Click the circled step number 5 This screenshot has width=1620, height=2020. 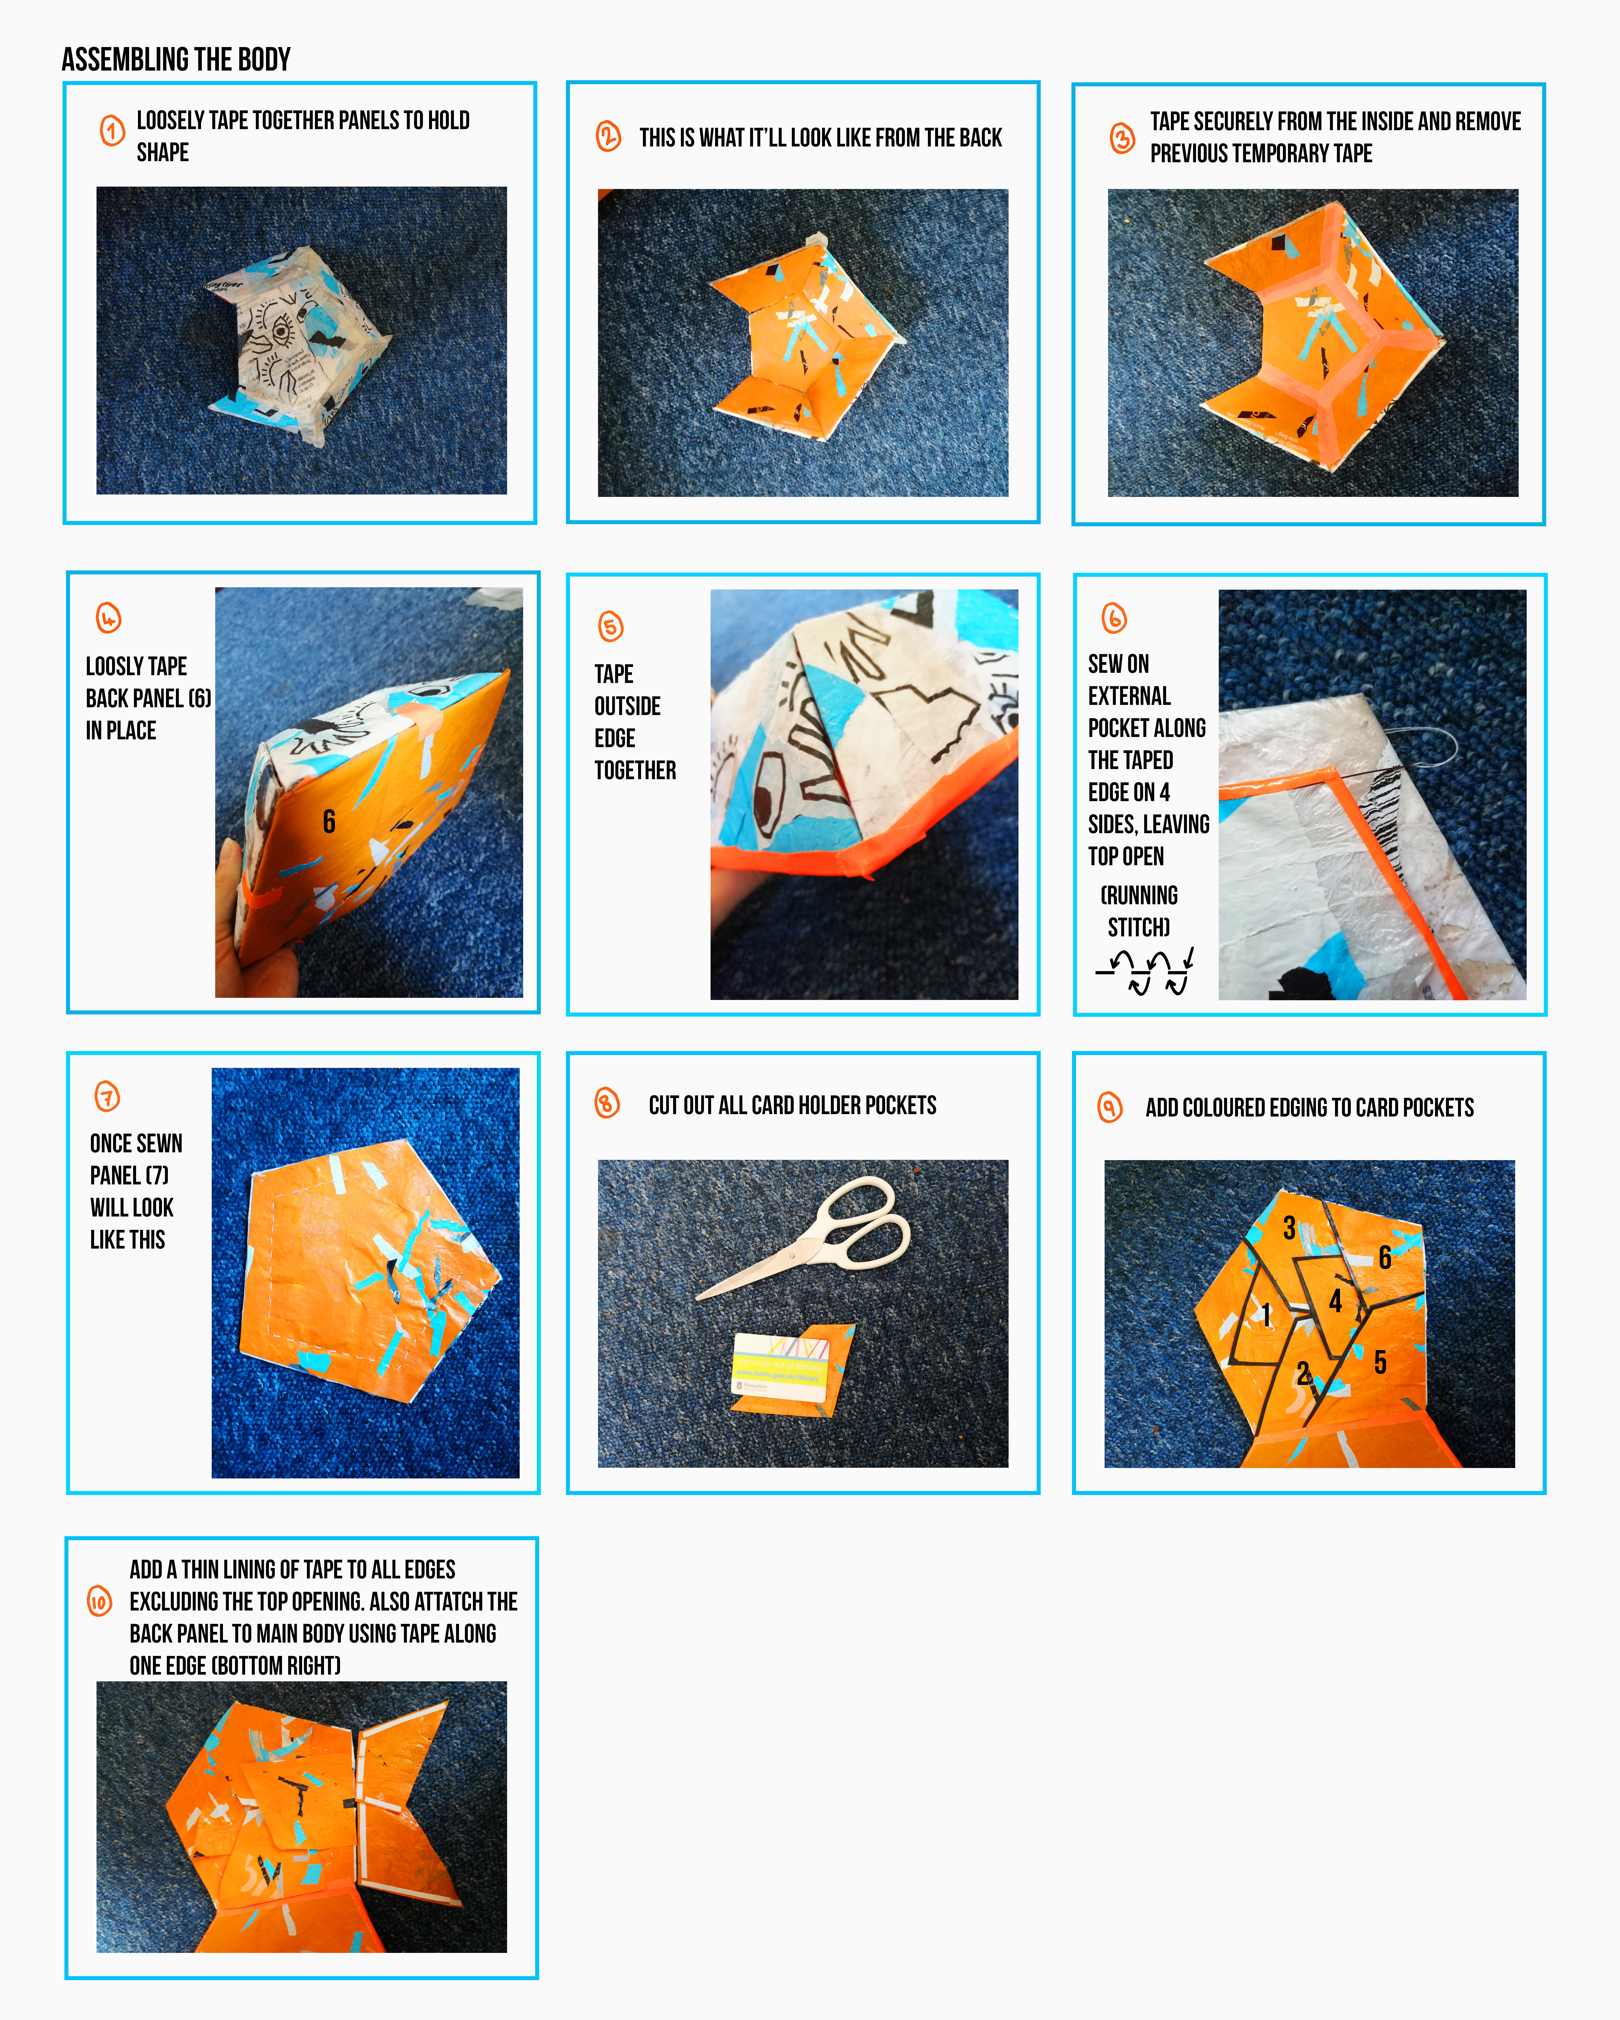tap(611, 626)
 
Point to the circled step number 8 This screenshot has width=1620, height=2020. tap(607, 1103)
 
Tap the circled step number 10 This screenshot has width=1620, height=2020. tap(99, 1601)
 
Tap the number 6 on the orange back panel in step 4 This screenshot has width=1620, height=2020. tap(329, 822)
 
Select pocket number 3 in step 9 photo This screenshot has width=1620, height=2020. tap(1289, 1227)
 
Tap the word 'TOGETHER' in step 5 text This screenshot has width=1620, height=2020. tap(635, 770)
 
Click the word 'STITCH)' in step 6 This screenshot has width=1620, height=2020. tap(1138, 928)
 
